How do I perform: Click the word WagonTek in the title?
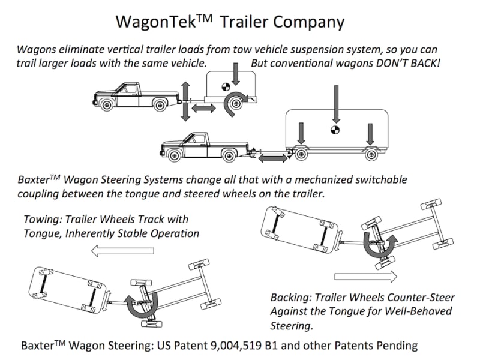pos(158,22)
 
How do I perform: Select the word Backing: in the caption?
pos(292,297)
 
